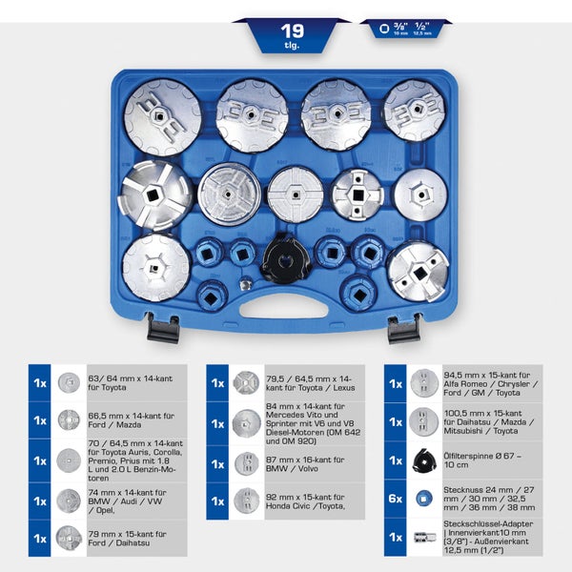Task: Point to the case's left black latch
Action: [x=163, y=329]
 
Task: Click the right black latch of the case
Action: [x=403, y=329]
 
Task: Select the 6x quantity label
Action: [x=396, y=497]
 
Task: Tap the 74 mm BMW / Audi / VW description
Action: [x=120, y=500]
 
